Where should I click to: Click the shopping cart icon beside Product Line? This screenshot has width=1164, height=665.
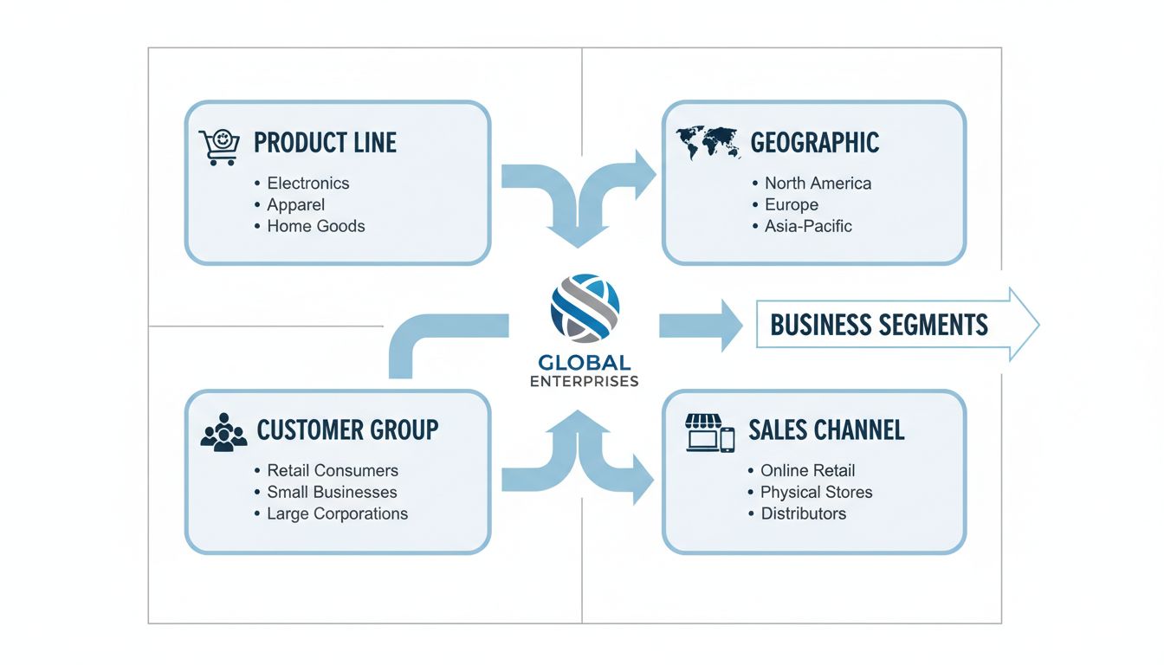pyautogui.click(x=219, y=146)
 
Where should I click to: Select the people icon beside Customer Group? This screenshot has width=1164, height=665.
pyautogui.click(x=223, y=431)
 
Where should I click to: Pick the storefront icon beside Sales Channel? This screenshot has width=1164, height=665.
pyautogui.click(x=709, y=432)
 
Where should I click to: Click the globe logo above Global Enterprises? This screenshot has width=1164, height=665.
pyautogui.click(x=585, y=306)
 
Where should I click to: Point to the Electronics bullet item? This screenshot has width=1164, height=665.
pyautogui.click(x=307, y=184)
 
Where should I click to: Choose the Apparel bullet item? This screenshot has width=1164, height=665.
pyautogui.click(x=295, y=205)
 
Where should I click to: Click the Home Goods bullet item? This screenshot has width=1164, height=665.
pyautogui.click(x=315, y=226)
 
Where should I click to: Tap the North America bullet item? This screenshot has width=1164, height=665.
pyautogui.click(x=818, y=184)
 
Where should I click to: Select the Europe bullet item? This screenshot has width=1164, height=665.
pyautogui.click(x=791, y=205)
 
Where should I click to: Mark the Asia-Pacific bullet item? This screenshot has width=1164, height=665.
pyautogui.click(x=808, y=226)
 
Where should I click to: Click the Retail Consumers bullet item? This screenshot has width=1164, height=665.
pyautogui.click(x=333, y=471)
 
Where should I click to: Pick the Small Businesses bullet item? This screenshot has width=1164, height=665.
pyautogui.click(x=332, y=492)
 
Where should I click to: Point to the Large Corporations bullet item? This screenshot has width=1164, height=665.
pyautogui.click(x=337, y=513)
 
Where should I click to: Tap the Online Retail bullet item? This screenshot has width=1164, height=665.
pyautogui.click(x=807, y=471)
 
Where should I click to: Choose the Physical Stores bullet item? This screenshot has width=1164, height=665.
pyautogui.click(x=816, y=492)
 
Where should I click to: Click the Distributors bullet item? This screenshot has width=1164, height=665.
pyautogui.click(x=803, y=513)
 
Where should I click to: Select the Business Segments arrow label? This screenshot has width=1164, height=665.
pyautogui.click(x=879, y=326)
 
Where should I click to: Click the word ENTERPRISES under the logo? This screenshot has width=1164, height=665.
pyautogui.click(x=585, y=381)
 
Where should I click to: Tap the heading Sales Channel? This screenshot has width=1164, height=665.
pyautogui.click(x=826, y=429)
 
